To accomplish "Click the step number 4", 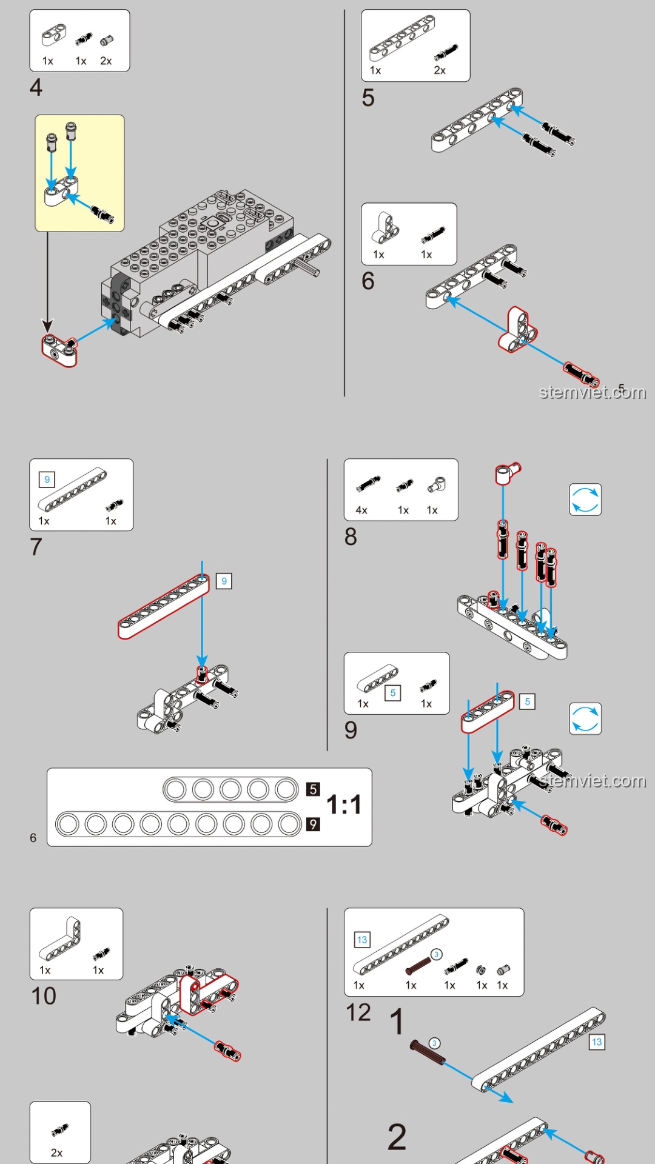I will pyautogui.click(x=36, y=88).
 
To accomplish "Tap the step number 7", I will pyautogui.click(x=36, y=547).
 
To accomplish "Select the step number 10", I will pyautogui.click(x=44, y=996).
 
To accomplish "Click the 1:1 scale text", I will pyautogui.click(x=344, y=805).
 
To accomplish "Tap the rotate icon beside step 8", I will pyautogui.click(x=585, y=500).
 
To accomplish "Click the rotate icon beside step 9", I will pyautogui.click(x=585, y=718).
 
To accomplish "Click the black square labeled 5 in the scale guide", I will pyautogui.click(x=313, y=789).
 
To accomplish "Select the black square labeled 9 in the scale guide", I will pyautogui.click(x=313, y=824).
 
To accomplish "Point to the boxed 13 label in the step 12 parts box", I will pyautogui.click(x=362, y=940).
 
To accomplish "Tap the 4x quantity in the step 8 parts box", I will pyautogui.click(x=361, y=510).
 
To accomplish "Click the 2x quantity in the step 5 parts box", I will pyautogui.click(x=440, y=70).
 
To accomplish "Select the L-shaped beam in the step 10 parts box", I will pyautogui.click(x=61, y=940).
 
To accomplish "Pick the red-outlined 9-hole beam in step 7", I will pyautogui.click(x=164, y=606).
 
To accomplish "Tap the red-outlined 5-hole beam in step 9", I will pyautogui.click(x=488, y=711).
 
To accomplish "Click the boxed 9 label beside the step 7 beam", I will pyautogui.click(x=224, y=581).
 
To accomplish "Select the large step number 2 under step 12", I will pyautogui.click(x=397, y=1137).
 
